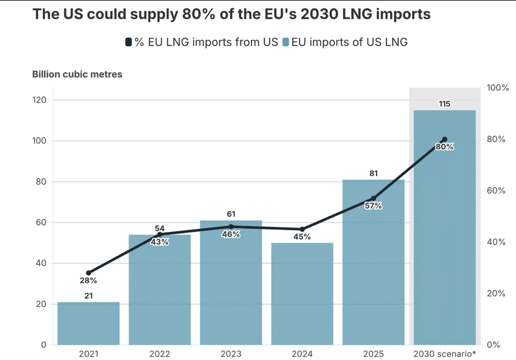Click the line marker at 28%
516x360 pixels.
pyautogui.click(x=89, y=273)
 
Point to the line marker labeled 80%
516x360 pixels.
pyautogui.click(x=444, y=139)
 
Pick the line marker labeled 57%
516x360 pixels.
pyautogui.click(x=373, y=198)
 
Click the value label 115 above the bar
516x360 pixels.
pyautogui.click(x=444, y=104)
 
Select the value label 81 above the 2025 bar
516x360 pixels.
pyautogui.click(x=373, y=174)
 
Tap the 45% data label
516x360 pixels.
pyautogui.click(x=302, y=237)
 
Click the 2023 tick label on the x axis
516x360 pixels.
pyautogui.click(x=231, y=353)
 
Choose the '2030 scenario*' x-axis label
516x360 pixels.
pyautogui.click(x=444, y=353)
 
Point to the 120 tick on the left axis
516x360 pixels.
pyautogui.click(x=40, y=100)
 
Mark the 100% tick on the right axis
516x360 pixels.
pyautogui.click(x=497, y=88)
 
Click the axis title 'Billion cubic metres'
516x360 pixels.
pyautogui.click(x=77, y=75)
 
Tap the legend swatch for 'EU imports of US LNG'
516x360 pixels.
pyautogui.click(x=286, y=42)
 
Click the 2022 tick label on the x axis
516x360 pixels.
pyautogui.click(x=160, y=353)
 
